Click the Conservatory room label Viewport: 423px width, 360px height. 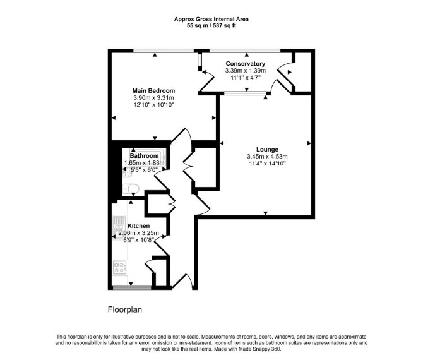(x=246, y=64)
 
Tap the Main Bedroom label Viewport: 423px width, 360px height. (x=153, y=91)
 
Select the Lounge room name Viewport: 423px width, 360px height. (x=267, y=150)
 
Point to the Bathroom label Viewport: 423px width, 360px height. (x=145, y=156)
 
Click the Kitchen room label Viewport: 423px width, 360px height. (x=138, y=226)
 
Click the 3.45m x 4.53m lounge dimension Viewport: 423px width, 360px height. (x=267, y=157)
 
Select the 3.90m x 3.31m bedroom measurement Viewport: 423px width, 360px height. (x=153, y=98)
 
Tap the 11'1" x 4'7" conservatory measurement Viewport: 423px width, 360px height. (x=246, y=78)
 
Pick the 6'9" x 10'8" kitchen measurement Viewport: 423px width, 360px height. (x=138, y=240)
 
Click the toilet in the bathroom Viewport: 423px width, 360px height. (x=131, y=188)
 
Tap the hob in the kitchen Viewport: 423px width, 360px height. (x=119, y=267)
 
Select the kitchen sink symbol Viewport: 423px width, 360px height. (x=119, y=227)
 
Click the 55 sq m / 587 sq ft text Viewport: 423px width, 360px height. (x=211, y=26)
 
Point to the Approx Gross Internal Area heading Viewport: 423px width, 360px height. (x=211, y=19)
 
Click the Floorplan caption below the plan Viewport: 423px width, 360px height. (x=125, y=309)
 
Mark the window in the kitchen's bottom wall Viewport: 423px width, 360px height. (x=132, y=288)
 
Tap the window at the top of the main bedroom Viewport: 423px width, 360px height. (x=164, y=51)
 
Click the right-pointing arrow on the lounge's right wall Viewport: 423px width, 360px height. (x=309, y=143)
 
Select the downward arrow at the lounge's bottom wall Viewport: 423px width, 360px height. (x=265, y=213)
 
